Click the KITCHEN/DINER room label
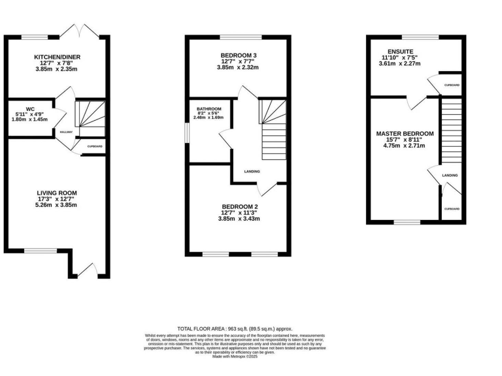pos(57,57)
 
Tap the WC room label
pos(30,108)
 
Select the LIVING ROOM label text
pos(57,193)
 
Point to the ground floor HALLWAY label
pos(66,131)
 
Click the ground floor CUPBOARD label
pos(95,146)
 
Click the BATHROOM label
pos(209,108)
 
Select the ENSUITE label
pos(399,51)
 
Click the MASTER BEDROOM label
pos(405,133)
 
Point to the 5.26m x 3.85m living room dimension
pos(57,205)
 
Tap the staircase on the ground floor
pos(87,114)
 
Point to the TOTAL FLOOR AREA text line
pos(235,329)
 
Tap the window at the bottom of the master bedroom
pos(407,223)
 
